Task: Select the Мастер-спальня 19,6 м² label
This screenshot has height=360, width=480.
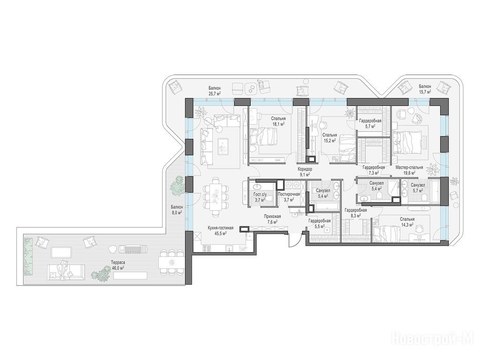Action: point(409,170)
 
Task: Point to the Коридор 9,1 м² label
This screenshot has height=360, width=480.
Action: point(305,172)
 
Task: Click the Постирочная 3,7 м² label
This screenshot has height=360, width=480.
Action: point(289,196)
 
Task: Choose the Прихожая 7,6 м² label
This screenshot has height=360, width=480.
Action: point(272,218)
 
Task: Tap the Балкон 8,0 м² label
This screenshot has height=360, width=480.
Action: point(177,210)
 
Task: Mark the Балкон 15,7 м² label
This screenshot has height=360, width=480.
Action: point(425,89)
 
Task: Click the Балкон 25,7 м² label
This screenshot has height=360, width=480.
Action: point(215,91)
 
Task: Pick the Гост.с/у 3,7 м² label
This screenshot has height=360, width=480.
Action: point(260,197)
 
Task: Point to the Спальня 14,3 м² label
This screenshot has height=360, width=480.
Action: point(407,222)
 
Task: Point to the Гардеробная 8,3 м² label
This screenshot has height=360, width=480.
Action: point(355,212)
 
